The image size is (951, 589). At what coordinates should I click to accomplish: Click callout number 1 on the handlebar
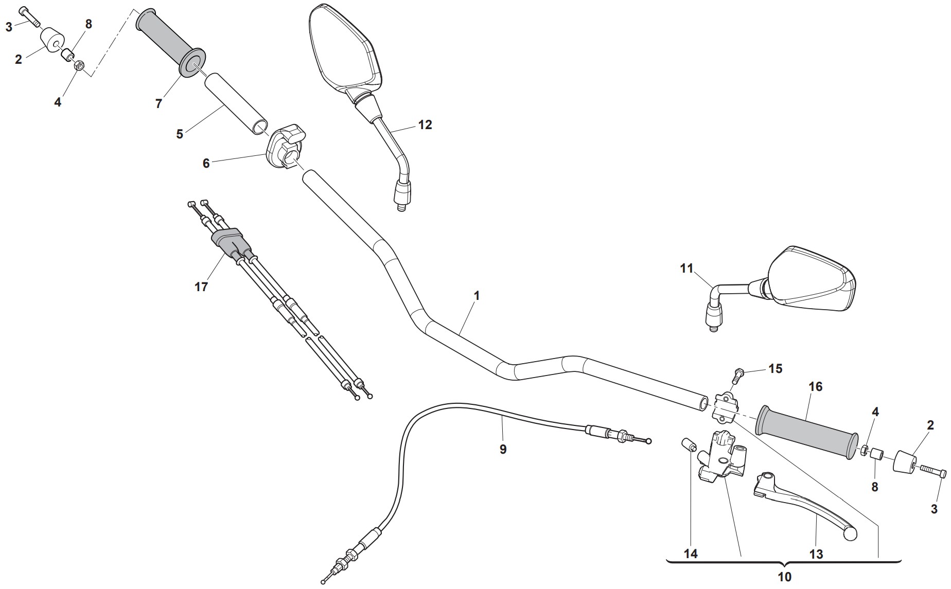pyautogui.click(x=477, y=296)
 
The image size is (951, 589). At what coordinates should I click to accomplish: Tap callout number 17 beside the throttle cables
pyautogui.click(x=201, y=287)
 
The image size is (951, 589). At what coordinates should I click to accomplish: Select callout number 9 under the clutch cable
pyautogui.click(x=503, y=449)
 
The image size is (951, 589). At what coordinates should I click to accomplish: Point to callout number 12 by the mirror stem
pyautogui.click(x=425, y=124)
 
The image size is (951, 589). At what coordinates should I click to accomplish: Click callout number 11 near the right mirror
pyautogui.click(x=686, y=268)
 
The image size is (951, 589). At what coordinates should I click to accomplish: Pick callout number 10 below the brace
pyautogui.click(x=784, y=577)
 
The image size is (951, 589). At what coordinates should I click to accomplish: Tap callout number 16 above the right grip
pyautogui.click(x=816, y=386)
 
